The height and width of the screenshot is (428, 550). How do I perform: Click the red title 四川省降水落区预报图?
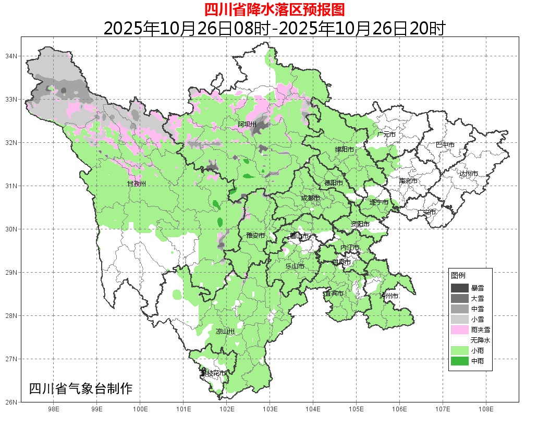(274, 9)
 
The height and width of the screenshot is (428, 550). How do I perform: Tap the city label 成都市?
(311, 198)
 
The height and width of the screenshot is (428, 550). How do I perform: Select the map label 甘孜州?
(137, 184)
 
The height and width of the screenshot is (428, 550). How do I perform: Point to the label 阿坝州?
(247, 124)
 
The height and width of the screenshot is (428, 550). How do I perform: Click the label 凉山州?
(225, 331)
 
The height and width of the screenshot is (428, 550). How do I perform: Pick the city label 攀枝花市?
(213, 373)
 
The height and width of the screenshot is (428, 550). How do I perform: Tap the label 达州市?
(469, 173)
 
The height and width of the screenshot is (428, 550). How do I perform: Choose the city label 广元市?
(386, 134)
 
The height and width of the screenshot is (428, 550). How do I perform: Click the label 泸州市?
(389, 296)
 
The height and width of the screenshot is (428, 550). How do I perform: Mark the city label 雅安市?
(255, 236)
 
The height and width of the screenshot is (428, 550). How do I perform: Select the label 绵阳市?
(344, 150)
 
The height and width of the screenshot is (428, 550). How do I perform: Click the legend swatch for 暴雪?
(459, 288)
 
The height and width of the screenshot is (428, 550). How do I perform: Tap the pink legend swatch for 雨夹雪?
(459, 329)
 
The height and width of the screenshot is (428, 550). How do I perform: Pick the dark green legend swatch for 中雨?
(459, 361)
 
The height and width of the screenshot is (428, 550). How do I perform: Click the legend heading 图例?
(458, 275)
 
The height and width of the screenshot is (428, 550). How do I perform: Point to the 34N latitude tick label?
(11, 56)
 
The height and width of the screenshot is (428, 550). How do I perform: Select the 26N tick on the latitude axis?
(11, 402)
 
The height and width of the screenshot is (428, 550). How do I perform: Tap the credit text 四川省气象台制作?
(81, 388)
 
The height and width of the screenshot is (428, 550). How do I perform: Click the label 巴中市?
(445, 144)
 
